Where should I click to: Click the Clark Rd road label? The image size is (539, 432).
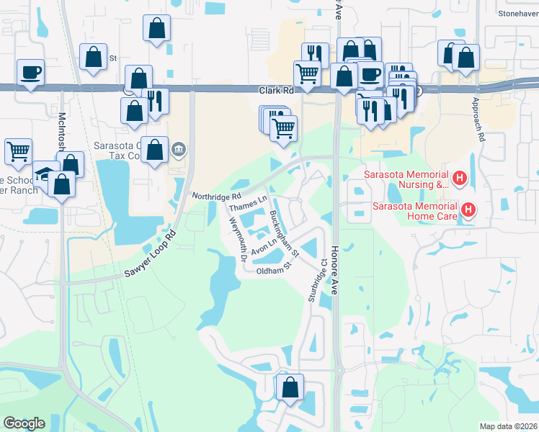pos(277,91)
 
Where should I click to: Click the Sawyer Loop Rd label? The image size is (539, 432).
pos(150,255)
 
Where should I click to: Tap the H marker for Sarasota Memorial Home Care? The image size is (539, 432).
pos(468,210)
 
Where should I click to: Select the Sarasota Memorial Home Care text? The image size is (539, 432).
pos(414,210)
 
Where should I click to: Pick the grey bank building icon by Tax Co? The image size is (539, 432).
pos(179,150)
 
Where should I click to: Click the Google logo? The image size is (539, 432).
pos(24,423)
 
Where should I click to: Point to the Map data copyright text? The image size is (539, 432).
pos(508,426)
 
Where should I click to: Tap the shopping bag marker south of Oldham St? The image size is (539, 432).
pos(290,387)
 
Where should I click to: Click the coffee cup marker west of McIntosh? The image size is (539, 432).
pos(31,73)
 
